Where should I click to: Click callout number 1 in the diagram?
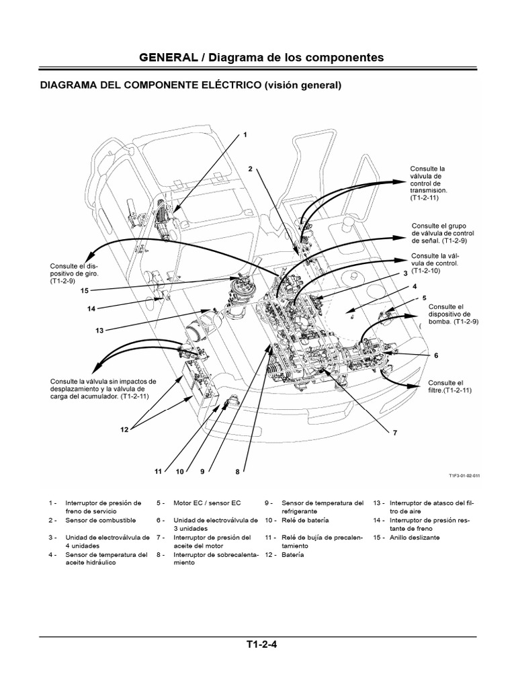tap(245, 134)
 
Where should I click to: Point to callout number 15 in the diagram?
tap(84, 291)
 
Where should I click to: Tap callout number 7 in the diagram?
tap(386, 433)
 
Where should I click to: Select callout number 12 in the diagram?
tap(124, 429)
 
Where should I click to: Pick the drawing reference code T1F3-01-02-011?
tap(465, 475)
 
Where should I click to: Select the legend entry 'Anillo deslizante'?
tap(417, 537)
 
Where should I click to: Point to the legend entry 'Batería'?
tap(293, 555)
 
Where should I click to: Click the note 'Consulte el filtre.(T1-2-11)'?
tap(445, 386)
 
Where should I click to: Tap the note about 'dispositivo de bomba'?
tap(451, 314)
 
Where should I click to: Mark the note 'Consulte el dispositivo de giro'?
tap(71, 273)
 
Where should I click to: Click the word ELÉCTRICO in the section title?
tap(222, 86)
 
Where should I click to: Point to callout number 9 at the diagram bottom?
tap(201, 472)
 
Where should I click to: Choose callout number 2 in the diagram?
tap(249, 169)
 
